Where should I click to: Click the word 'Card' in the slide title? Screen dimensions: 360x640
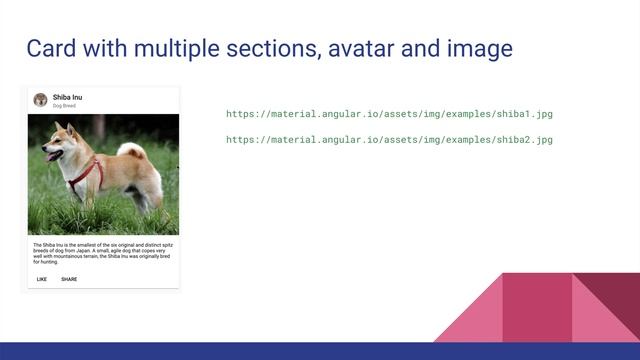point(50,48)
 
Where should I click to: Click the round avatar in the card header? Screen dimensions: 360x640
point(40,100)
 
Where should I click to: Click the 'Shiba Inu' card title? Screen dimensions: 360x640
point(69,97)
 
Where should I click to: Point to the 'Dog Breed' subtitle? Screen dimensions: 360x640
point(64,105)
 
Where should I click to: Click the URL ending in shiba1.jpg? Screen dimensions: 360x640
point(389,114)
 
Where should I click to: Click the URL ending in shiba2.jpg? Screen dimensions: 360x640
point(389,139)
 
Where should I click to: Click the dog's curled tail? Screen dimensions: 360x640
point(132,151)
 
